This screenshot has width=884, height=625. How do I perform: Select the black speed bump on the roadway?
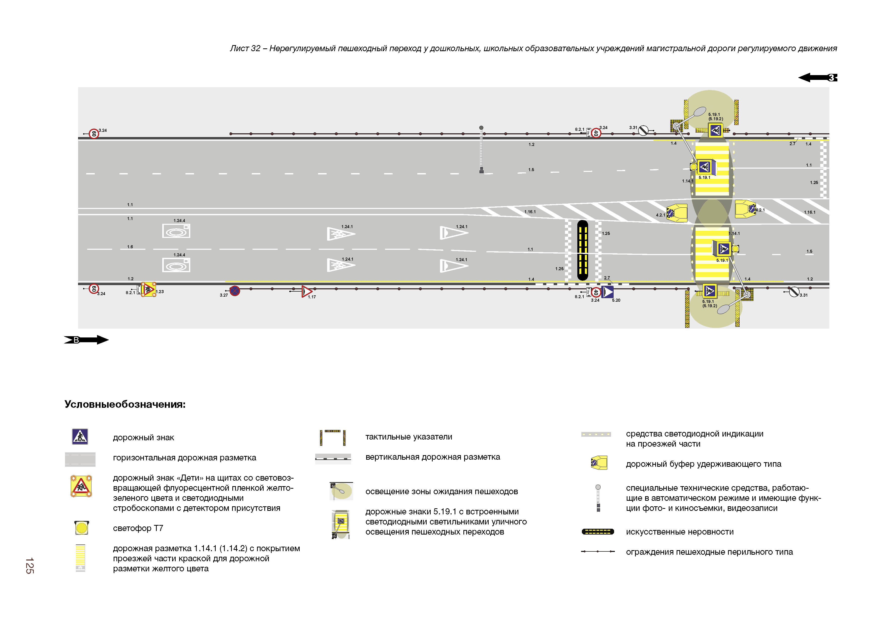point(583,250)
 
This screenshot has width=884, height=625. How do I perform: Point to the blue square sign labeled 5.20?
point(608,292)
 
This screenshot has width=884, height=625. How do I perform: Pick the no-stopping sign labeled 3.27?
point(234,291)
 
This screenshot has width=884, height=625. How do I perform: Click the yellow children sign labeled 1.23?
point(148,289)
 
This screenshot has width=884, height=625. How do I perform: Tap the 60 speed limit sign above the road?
point(93,134)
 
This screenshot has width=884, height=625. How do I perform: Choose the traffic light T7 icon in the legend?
point(81,527)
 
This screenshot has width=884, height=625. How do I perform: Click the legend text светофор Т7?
point(138,528)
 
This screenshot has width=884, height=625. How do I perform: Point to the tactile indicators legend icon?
point(333,437)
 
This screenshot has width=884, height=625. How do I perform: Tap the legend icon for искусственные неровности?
point(597,532)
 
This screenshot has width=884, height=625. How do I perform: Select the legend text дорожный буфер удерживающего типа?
point(703,464)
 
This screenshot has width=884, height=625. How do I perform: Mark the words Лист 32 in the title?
point(245,49)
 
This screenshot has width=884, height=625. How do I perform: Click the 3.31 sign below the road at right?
point(794,292)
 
